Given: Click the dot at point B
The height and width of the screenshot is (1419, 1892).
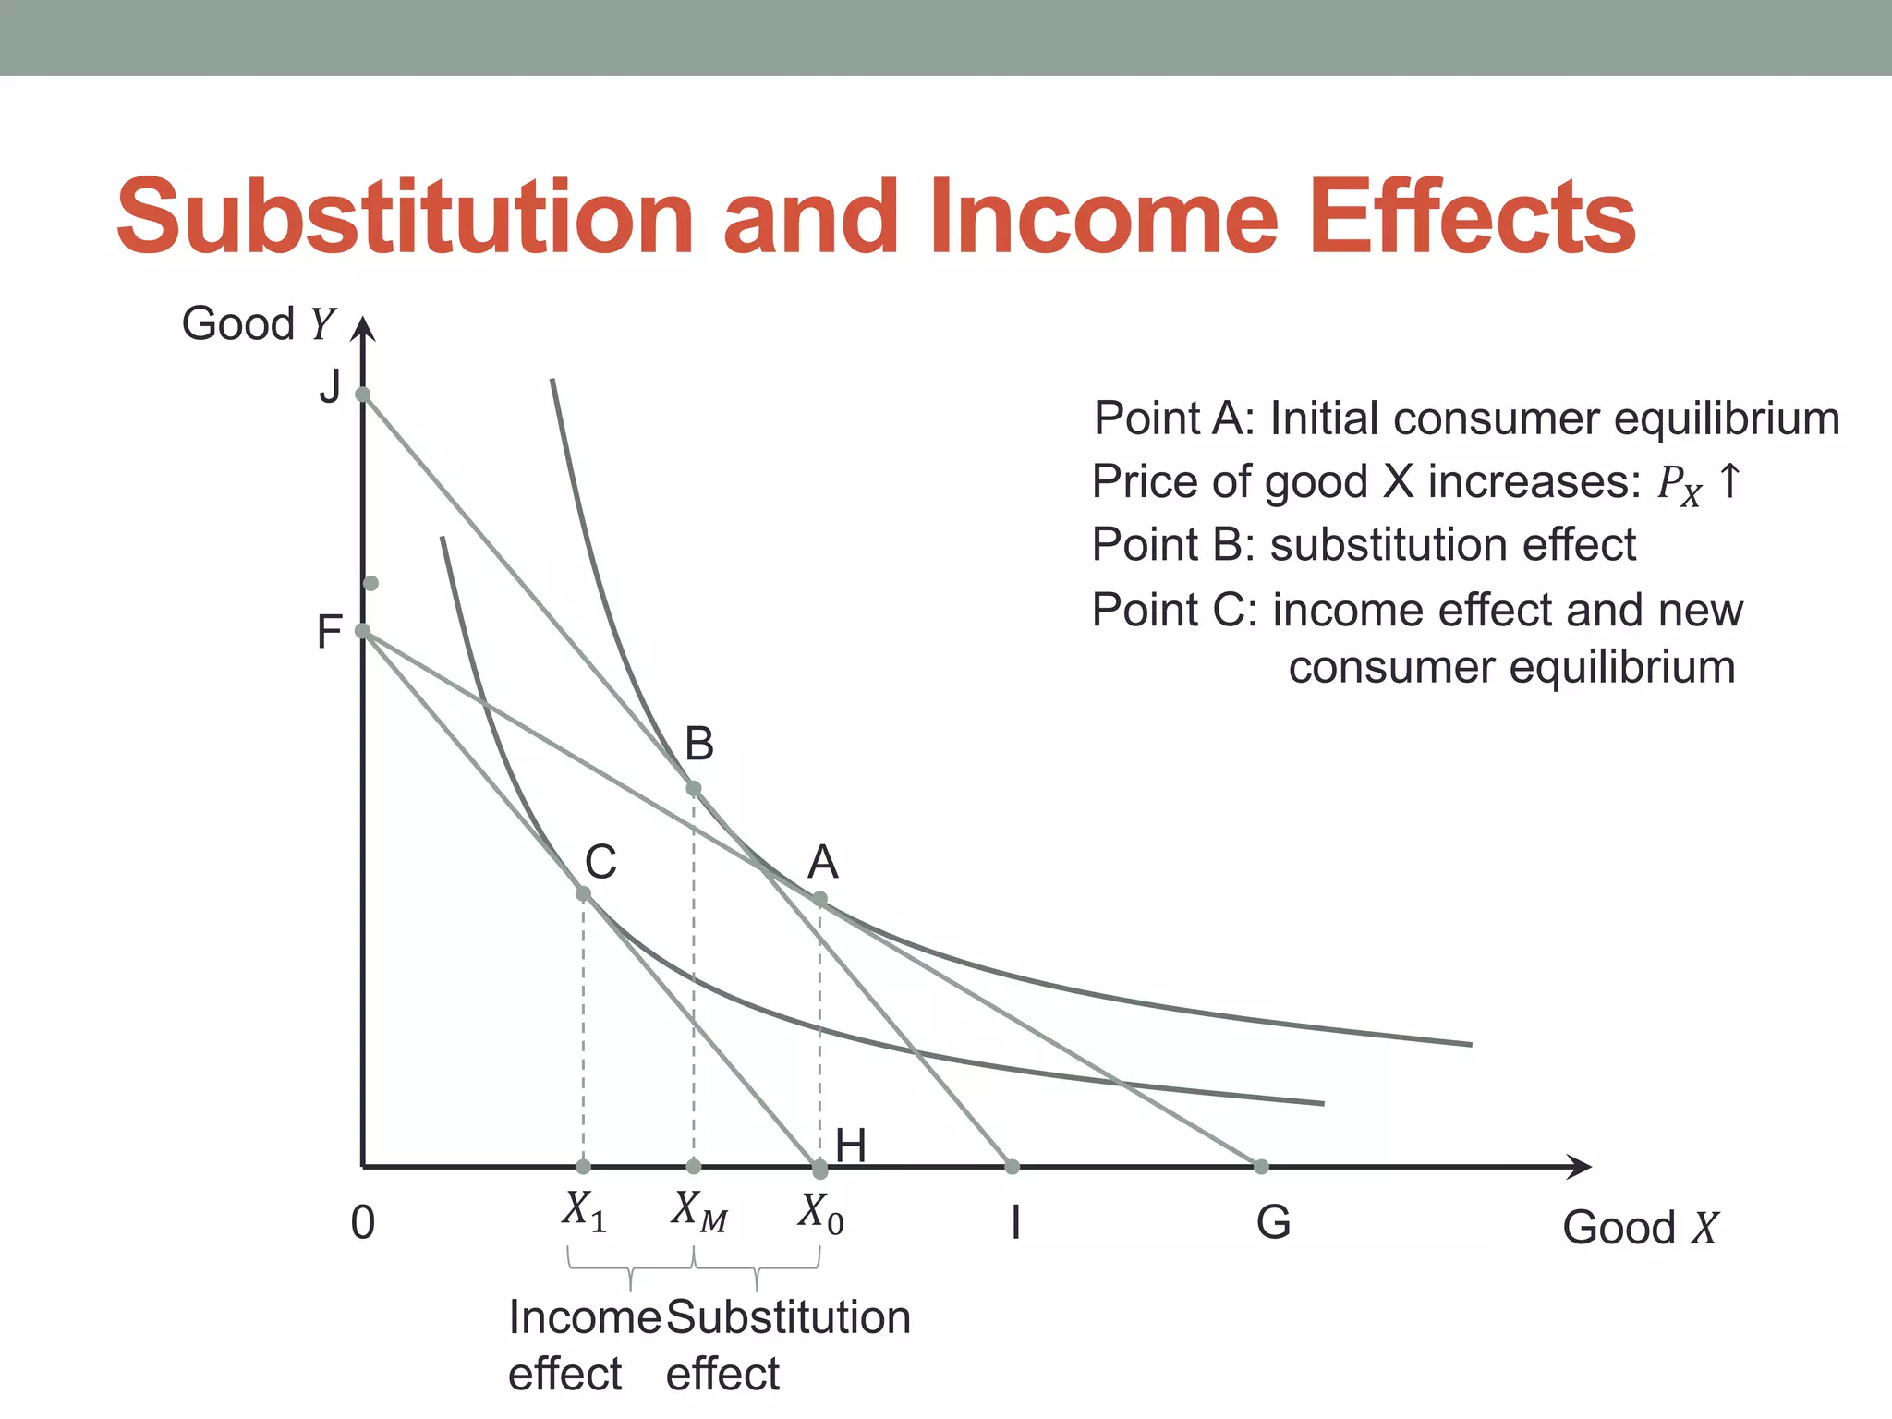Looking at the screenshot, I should tap(694, 788).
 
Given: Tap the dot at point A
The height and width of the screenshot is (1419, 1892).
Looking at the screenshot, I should tap(819, 898).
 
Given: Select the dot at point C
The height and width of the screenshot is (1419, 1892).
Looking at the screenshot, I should tap(583, 893).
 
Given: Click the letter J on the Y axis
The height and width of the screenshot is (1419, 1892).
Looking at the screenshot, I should tap(330, 386).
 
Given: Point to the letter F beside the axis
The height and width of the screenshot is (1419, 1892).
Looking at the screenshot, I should tap(330, 633).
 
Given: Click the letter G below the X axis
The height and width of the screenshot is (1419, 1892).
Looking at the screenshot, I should tap(1273, 1223).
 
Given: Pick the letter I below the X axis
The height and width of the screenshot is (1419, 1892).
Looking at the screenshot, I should tap(1016, 1223).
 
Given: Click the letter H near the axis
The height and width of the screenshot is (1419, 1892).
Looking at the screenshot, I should tap(851, 1146).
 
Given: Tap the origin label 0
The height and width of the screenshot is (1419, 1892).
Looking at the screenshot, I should tap(363, 1223).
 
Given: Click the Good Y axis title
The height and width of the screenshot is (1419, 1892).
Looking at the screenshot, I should tap(258, 324).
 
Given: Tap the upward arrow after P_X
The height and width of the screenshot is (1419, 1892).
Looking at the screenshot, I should tap(1729, 481).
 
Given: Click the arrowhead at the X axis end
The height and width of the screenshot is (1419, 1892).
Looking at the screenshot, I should tap(1581, 1167).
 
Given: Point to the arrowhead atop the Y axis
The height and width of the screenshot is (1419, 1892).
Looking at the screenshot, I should tap(364, 328).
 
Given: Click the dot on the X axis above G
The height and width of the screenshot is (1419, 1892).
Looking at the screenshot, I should tap(1261, 1167).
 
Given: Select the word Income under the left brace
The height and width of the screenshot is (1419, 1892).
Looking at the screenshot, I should tap(585, 1317).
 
